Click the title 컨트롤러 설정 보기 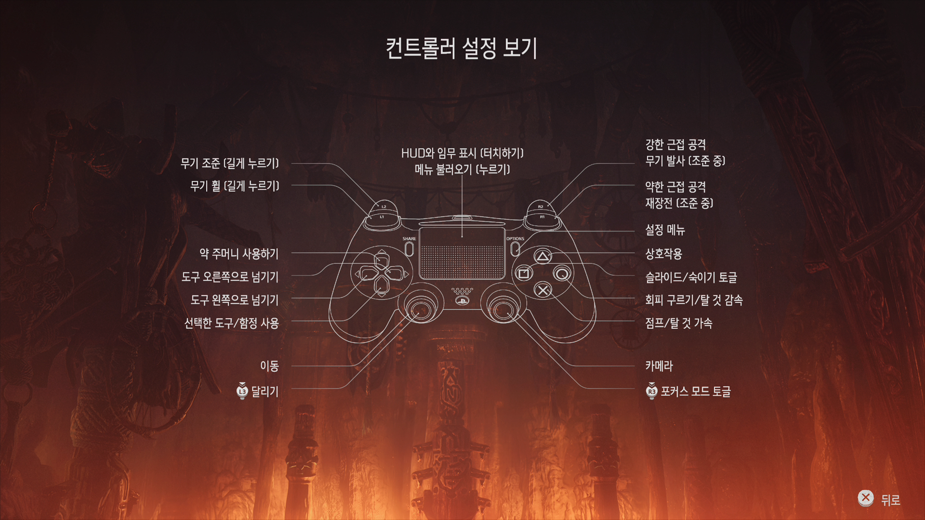(x=462, y=48)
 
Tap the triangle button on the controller (x=542, y=257)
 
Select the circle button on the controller (x=561, y=273)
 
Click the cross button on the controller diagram (x=543, y=290)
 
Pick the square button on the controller (x=524, y=273)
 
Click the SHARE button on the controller (x=409, y=248)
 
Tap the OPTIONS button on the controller (x=515, y=248)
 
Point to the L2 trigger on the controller (x=384, y=207)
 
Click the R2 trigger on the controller (x=541, y=207)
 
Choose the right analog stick (x=503, y=308)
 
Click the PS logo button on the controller (x=462, y=301)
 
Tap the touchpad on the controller (x=462, y=253)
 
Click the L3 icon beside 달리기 (x=242, y=391)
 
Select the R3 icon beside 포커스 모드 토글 (x=651, y=391)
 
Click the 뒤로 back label (x=890, y=500)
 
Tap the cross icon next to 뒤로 (x=866, y=498)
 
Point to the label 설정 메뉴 (x=665, y=230)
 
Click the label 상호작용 (x=663, y=254)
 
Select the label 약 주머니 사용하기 (x=239, y=254)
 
